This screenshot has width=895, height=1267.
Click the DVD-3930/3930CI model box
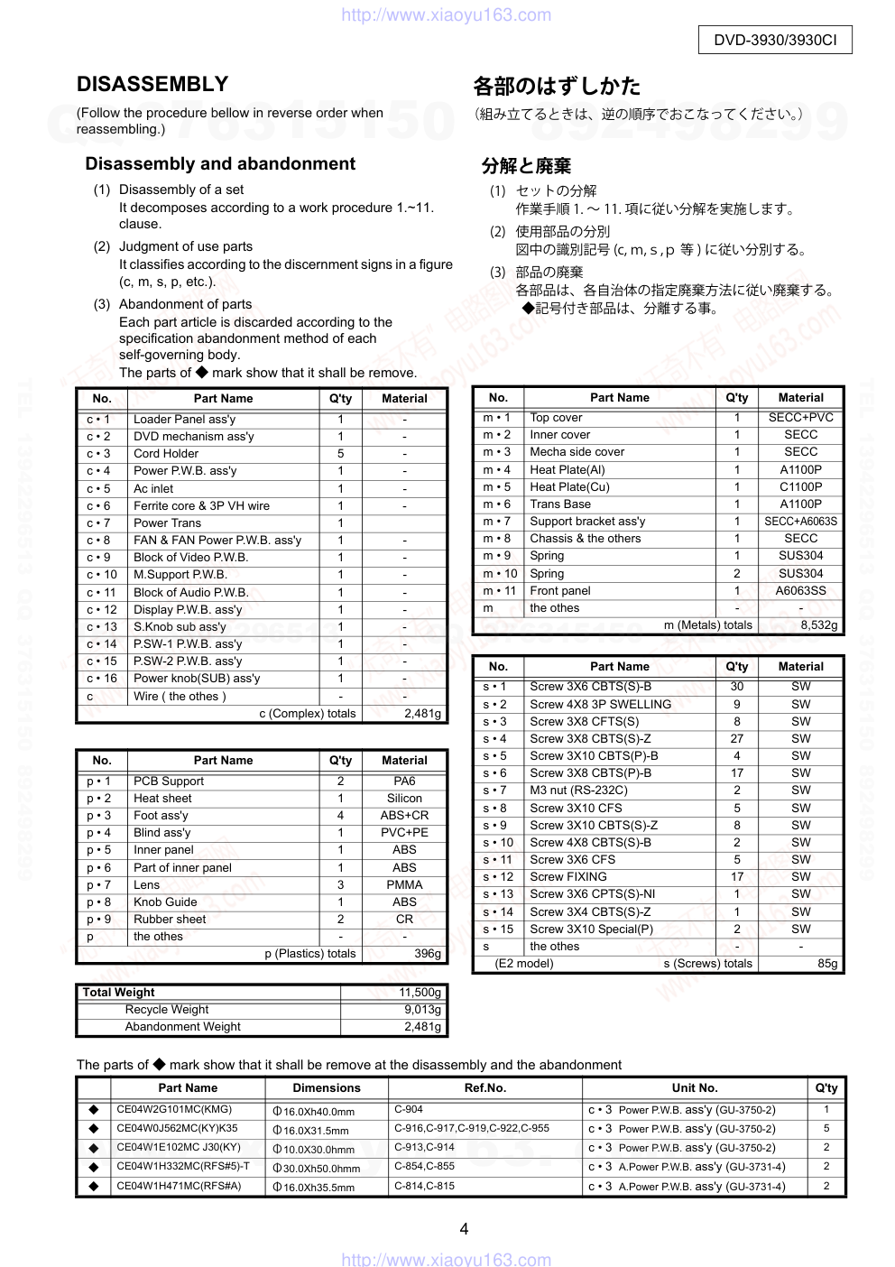775,40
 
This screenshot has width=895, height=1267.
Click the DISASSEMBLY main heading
152,85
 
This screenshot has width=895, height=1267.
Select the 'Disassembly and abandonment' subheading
220,164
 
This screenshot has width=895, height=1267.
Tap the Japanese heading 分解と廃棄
526,166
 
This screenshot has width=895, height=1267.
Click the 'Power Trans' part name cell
168,523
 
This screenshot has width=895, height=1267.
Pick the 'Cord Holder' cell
166,454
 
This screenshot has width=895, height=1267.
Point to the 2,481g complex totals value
422,714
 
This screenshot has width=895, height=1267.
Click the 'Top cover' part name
556,418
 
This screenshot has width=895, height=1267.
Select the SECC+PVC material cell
800,418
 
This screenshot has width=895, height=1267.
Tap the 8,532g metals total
818,624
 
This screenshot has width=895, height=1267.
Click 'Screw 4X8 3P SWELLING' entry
600,705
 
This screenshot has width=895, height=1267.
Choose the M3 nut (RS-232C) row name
578,791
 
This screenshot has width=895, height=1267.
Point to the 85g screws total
827,964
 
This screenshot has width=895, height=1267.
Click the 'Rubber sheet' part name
170,920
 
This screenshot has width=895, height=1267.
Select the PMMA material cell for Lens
404,885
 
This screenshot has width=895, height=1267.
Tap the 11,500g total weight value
420,993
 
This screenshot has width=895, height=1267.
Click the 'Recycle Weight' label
167,1010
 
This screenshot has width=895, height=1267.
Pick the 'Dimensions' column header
327,1088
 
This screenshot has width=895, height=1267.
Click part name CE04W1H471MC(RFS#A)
179,1186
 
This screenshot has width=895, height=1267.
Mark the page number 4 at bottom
464,1229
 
